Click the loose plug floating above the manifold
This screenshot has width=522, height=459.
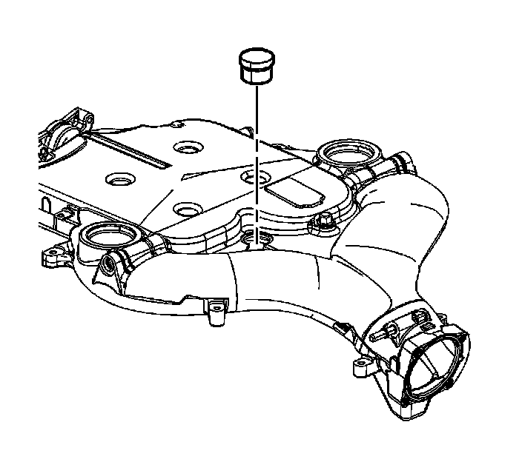256,66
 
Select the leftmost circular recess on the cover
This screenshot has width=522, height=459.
119,178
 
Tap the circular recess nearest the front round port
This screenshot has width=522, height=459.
185,208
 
